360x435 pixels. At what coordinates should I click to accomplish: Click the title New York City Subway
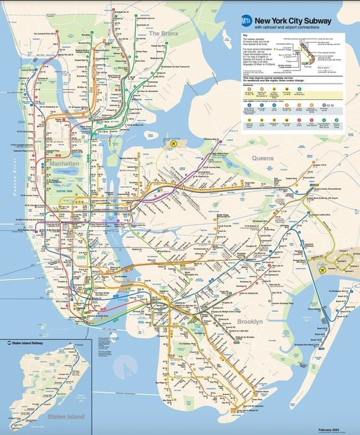tap(294, 20)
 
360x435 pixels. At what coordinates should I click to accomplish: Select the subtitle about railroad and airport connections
tap(286, 28)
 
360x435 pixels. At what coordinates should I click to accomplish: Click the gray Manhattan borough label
tap(65, 164)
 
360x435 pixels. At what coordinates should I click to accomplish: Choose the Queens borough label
tap(263, 158)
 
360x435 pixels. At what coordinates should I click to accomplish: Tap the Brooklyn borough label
tap(251, 321)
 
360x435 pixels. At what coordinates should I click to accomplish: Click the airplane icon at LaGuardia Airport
tap(175, 145)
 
